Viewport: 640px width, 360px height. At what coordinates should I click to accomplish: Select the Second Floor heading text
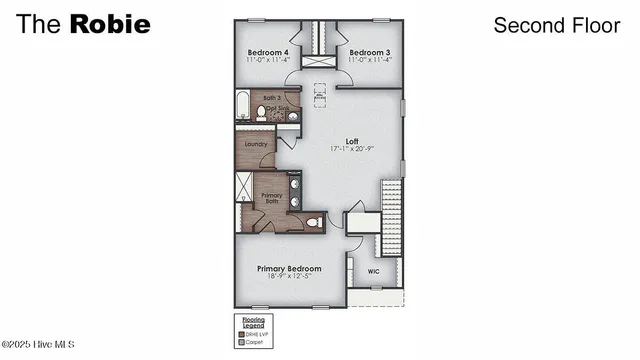coord(556,25)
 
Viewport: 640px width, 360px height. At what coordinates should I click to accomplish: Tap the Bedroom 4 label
coord(267,52)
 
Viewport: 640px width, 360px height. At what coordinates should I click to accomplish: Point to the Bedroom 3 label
coord(367,52)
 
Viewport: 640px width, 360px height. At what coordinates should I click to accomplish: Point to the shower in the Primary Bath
coord(245,189)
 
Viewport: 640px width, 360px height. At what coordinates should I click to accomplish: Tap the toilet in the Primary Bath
coord(312,222)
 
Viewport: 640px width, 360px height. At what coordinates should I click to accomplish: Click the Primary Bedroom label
coord(289,268)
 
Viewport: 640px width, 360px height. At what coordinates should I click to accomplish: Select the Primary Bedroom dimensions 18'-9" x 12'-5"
coord(289,277)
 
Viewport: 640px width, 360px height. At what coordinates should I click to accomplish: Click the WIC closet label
coord(372,271)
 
